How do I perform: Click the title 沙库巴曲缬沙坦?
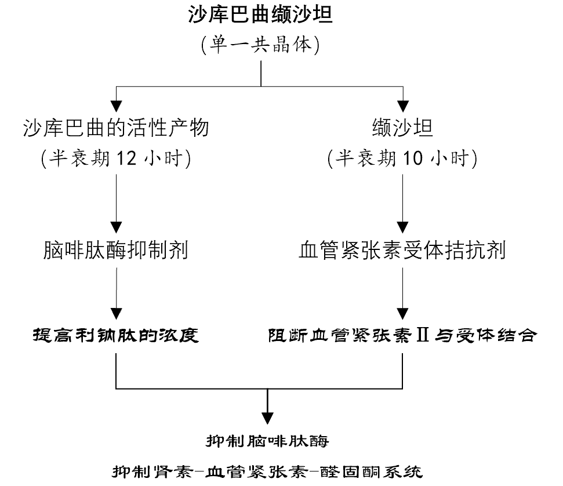(260, 14)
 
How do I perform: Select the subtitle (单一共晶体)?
(260, 44)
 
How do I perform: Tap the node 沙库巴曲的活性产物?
(117, 127)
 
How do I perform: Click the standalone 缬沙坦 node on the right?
(402, 127)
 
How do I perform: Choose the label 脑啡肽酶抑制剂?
(116, 250)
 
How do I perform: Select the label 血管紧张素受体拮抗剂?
(402, 250)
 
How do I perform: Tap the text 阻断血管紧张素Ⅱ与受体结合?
(402, 336)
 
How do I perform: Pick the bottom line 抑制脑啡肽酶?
(267, 441)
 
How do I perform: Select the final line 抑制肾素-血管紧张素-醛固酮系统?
(267, 470)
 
